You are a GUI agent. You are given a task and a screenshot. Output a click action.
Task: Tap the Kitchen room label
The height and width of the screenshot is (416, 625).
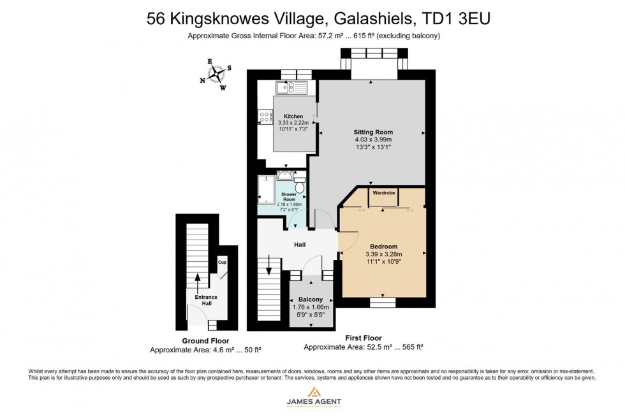[293, 116]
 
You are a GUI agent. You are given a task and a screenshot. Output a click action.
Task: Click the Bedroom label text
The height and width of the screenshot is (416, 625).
[383, 247]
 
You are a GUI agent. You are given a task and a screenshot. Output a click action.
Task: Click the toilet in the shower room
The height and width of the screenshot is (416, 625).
[300, 184]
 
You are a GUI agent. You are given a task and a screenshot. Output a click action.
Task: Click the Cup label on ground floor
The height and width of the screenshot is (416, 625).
[222, 262]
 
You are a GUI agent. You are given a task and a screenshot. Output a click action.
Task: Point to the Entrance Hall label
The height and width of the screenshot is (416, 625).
[206, 300]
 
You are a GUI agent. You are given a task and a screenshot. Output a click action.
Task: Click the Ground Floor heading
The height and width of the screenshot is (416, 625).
[205, 341]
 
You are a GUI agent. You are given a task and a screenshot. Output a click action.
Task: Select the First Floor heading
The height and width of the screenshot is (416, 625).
[364, 338]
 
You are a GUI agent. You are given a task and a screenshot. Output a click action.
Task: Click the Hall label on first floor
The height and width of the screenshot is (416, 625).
[299, 245]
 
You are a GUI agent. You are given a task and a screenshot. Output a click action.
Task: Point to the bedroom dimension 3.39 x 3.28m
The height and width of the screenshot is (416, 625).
[383, 254]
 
